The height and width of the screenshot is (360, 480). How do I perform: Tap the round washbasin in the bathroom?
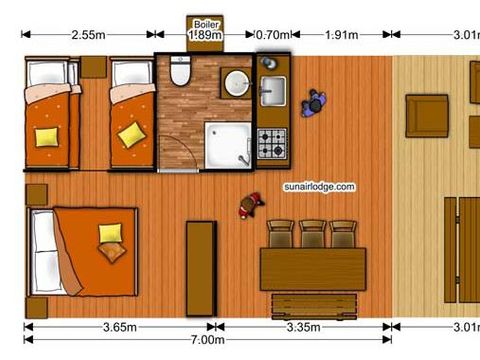[x=236, y=83]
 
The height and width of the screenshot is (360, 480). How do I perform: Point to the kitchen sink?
[x=272, y=92]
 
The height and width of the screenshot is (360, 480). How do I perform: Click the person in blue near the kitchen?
[x=314, y=103]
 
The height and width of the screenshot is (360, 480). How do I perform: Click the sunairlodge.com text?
[x=319, y=187]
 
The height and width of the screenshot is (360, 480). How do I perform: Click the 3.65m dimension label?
[x=120, y=326]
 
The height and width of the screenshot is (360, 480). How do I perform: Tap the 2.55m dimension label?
[x=88, y=35]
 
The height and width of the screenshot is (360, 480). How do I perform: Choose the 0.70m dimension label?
[x=273, y=35]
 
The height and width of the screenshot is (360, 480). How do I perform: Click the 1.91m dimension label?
[x=342, y=35]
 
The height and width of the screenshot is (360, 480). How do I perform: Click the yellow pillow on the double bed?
[x=111, y=234]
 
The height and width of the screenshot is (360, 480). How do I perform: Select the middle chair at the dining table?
[x=313, y=233]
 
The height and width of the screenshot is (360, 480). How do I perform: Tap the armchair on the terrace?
[x=426, y=115]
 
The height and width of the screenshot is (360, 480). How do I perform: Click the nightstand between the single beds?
[x=93, y=67]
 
